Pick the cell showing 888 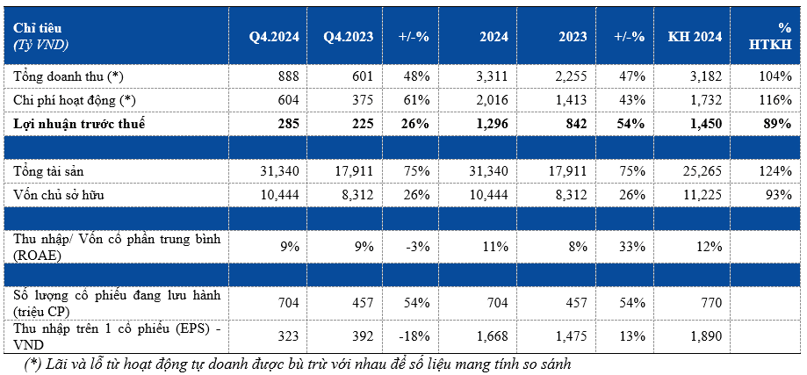click(x=289, y=76)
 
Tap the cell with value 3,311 click(x=492, y=76)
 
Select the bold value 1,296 click(x=492, y=124)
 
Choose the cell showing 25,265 click(x=701, y=171)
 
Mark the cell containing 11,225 click(x=701, y=195)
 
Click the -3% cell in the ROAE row click(x=418, y=247)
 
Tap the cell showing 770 click(x=713, y=303)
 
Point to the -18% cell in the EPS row click(x=414, y=336)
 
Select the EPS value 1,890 click(x=706, y=336)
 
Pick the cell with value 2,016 click(x=492, y=100)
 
